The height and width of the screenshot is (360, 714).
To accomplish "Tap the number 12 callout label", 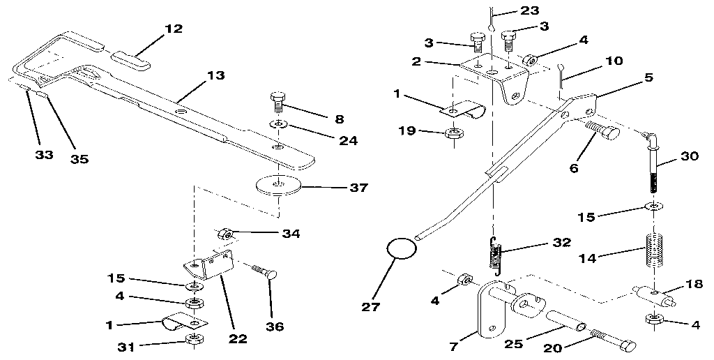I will (x=173, y=29).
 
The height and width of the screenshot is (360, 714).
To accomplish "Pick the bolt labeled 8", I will (x=276, y=103).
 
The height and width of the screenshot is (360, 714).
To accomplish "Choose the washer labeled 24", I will (x=278, y=124).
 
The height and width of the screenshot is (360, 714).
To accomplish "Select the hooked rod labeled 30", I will (x=655, y=163).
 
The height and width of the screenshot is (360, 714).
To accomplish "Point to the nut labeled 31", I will (x=192, y=340).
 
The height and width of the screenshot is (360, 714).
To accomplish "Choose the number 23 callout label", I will (x=529, y=10).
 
